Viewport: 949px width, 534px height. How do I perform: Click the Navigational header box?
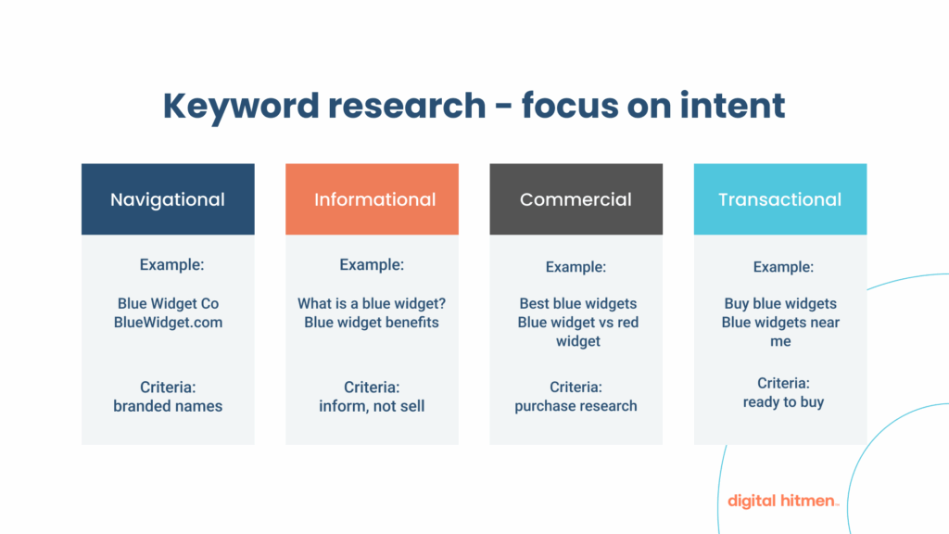[x=168, y=199]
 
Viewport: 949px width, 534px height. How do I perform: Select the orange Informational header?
[x=372, y=199]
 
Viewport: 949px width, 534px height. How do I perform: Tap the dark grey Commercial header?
[x=576, y=199]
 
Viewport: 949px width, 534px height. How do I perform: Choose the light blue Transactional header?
[x=780, y=199]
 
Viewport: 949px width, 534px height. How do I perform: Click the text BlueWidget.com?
[x=168, y=323]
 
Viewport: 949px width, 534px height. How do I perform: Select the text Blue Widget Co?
[x=168, y=303]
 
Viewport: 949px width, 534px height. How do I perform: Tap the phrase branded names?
[x=168, y=406]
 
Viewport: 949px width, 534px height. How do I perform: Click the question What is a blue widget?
[x=372, y=303]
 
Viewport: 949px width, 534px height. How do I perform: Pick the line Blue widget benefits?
[x=372, y=323]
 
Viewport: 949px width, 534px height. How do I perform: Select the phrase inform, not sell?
[x=372, y=406]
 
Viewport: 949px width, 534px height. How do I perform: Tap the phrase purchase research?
[x=576, y=406]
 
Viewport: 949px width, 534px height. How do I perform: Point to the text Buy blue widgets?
[x=780, y=303]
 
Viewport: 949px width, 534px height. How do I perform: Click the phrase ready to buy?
[x=783, y=402]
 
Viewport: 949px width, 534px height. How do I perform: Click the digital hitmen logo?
[x=783, y=501]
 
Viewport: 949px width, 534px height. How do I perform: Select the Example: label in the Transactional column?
[x=783, y=267]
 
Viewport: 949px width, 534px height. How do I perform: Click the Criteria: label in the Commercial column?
[x=576, y=387]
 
